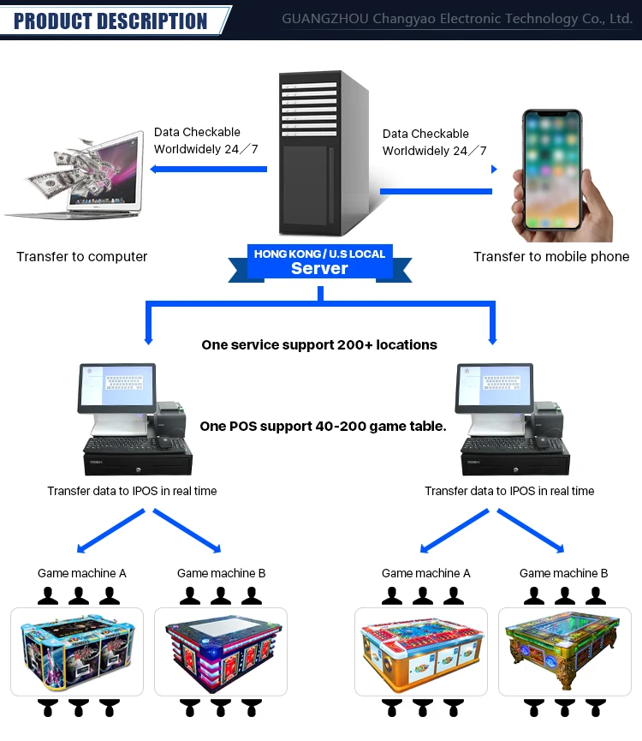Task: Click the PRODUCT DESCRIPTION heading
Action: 110,21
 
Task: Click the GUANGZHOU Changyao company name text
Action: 457,19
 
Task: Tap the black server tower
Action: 322,154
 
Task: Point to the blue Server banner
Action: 319,262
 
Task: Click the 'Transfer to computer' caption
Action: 82,256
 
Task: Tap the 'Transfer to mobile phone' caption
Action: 551,256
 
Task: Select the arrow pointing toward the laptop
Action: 209,169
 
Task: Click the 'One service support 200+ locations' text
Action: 319,344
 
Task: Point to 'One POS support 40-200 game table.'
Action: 323,425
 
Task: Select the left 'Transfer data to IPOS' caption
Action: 132,491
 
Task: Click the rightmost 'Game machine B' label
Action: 563,573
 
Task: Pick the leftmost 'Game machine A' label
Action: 81,573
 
